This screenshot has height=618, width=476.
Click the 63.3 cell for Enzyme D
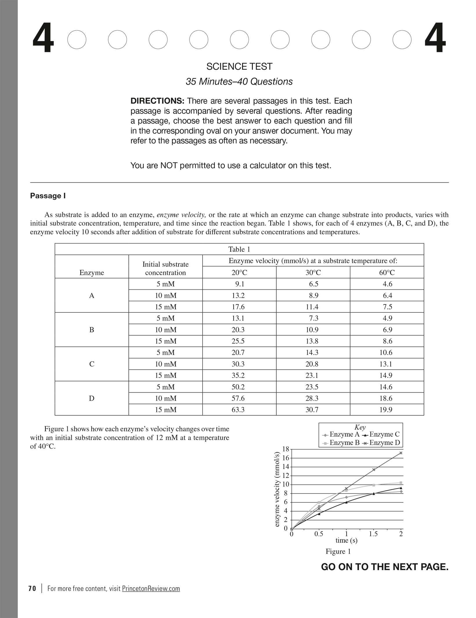point(238,410)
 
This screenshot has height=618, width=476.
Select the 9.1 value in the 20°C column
point(239,284)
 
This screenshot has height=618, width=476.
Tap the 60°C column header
point(387,273)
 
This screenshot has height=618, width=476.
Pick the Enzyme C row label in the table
point(92,364)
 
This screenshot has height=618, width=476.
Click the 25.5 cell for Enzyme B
point(238,341)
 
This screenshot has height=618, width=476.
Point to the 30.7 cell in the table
point(312,410)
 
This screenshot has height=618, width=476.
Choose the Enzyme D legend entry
point(381,443)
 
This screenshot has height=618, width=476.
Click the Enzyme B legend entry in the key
point(341,443)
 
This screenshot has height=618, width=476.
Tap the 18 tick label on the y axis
point(286,449)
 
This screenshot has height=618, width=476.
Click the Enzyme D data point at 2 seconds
point(401,453)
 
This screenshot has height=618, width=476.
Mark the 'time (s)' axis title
point(347,540)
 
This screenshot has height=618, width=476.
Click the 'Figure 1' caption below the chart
point(338,552)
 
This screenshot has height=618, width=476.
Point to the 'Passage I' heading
point(48,196)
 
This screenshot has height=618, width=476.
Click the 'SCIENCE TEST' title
point(239,66)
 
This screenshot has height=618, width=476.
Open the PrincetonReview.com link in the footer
point(151,589)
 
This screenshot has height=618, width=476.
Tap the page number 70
point(32,589)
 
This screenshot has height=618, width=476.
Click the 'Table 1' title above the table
point(239,249)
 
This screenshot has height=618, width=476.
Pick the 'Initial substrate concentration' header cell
point(165,268)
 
